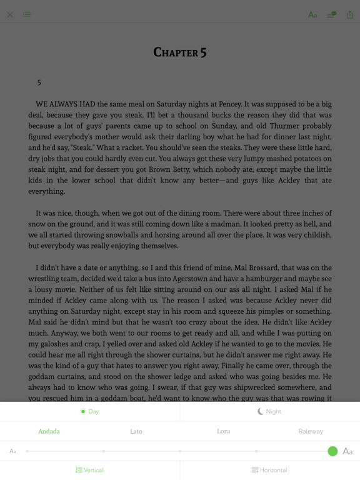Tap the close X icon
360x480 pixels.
[x=10, y=14]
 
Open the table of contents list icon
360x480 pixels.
[x=27, y=14]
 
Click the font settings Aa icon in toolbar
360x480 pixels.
[x=312, y=14]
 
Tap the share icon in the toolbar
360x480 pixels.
[x=349, y=14]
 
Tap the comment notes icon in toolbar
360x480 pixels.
[x=331, y=14]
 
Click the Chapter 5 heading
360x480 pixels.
[x=180, y=52]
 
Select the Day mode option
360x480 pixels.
[x=89, y=411]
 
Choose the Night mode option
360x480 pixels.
[x=269, y=411]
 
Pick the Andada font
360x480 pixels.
[x=49, y=431]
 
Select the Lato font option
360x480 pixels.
[x=136, y=431]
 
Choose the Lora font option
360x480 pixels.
[x=223, y=431]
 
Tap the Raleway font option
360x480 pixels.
[x=311, y=431]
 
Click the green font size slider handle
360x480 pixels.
[x=332, y=451]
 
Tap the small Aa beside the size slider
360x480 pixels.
[x=12, y=451]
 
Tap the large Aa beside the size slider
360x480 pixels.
[x=347, y=451]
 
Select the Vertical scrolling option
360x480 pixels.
[x=89, y=470]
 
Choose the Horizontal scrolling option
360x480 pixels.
[x=269, y=470]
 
